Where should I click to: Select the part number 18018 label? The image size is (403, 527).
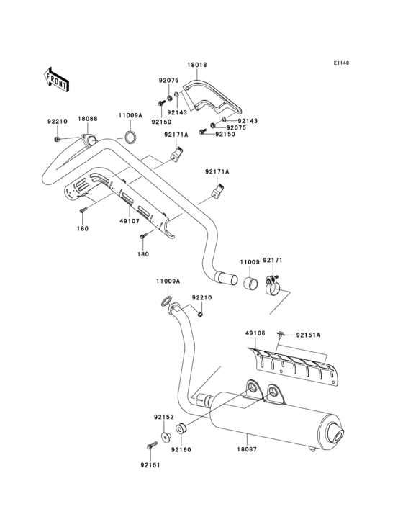[x=197, y=65]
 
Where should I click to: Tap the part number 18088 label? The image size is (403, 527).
[x=88, y=118]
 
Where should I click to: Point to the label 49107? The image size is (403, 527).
[x=129, y=222]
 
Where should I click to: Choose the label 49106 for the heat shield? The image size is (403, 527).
[x=255, y=334]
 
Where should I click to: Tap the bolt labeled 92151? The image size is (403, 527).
[x=152, y=446]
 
